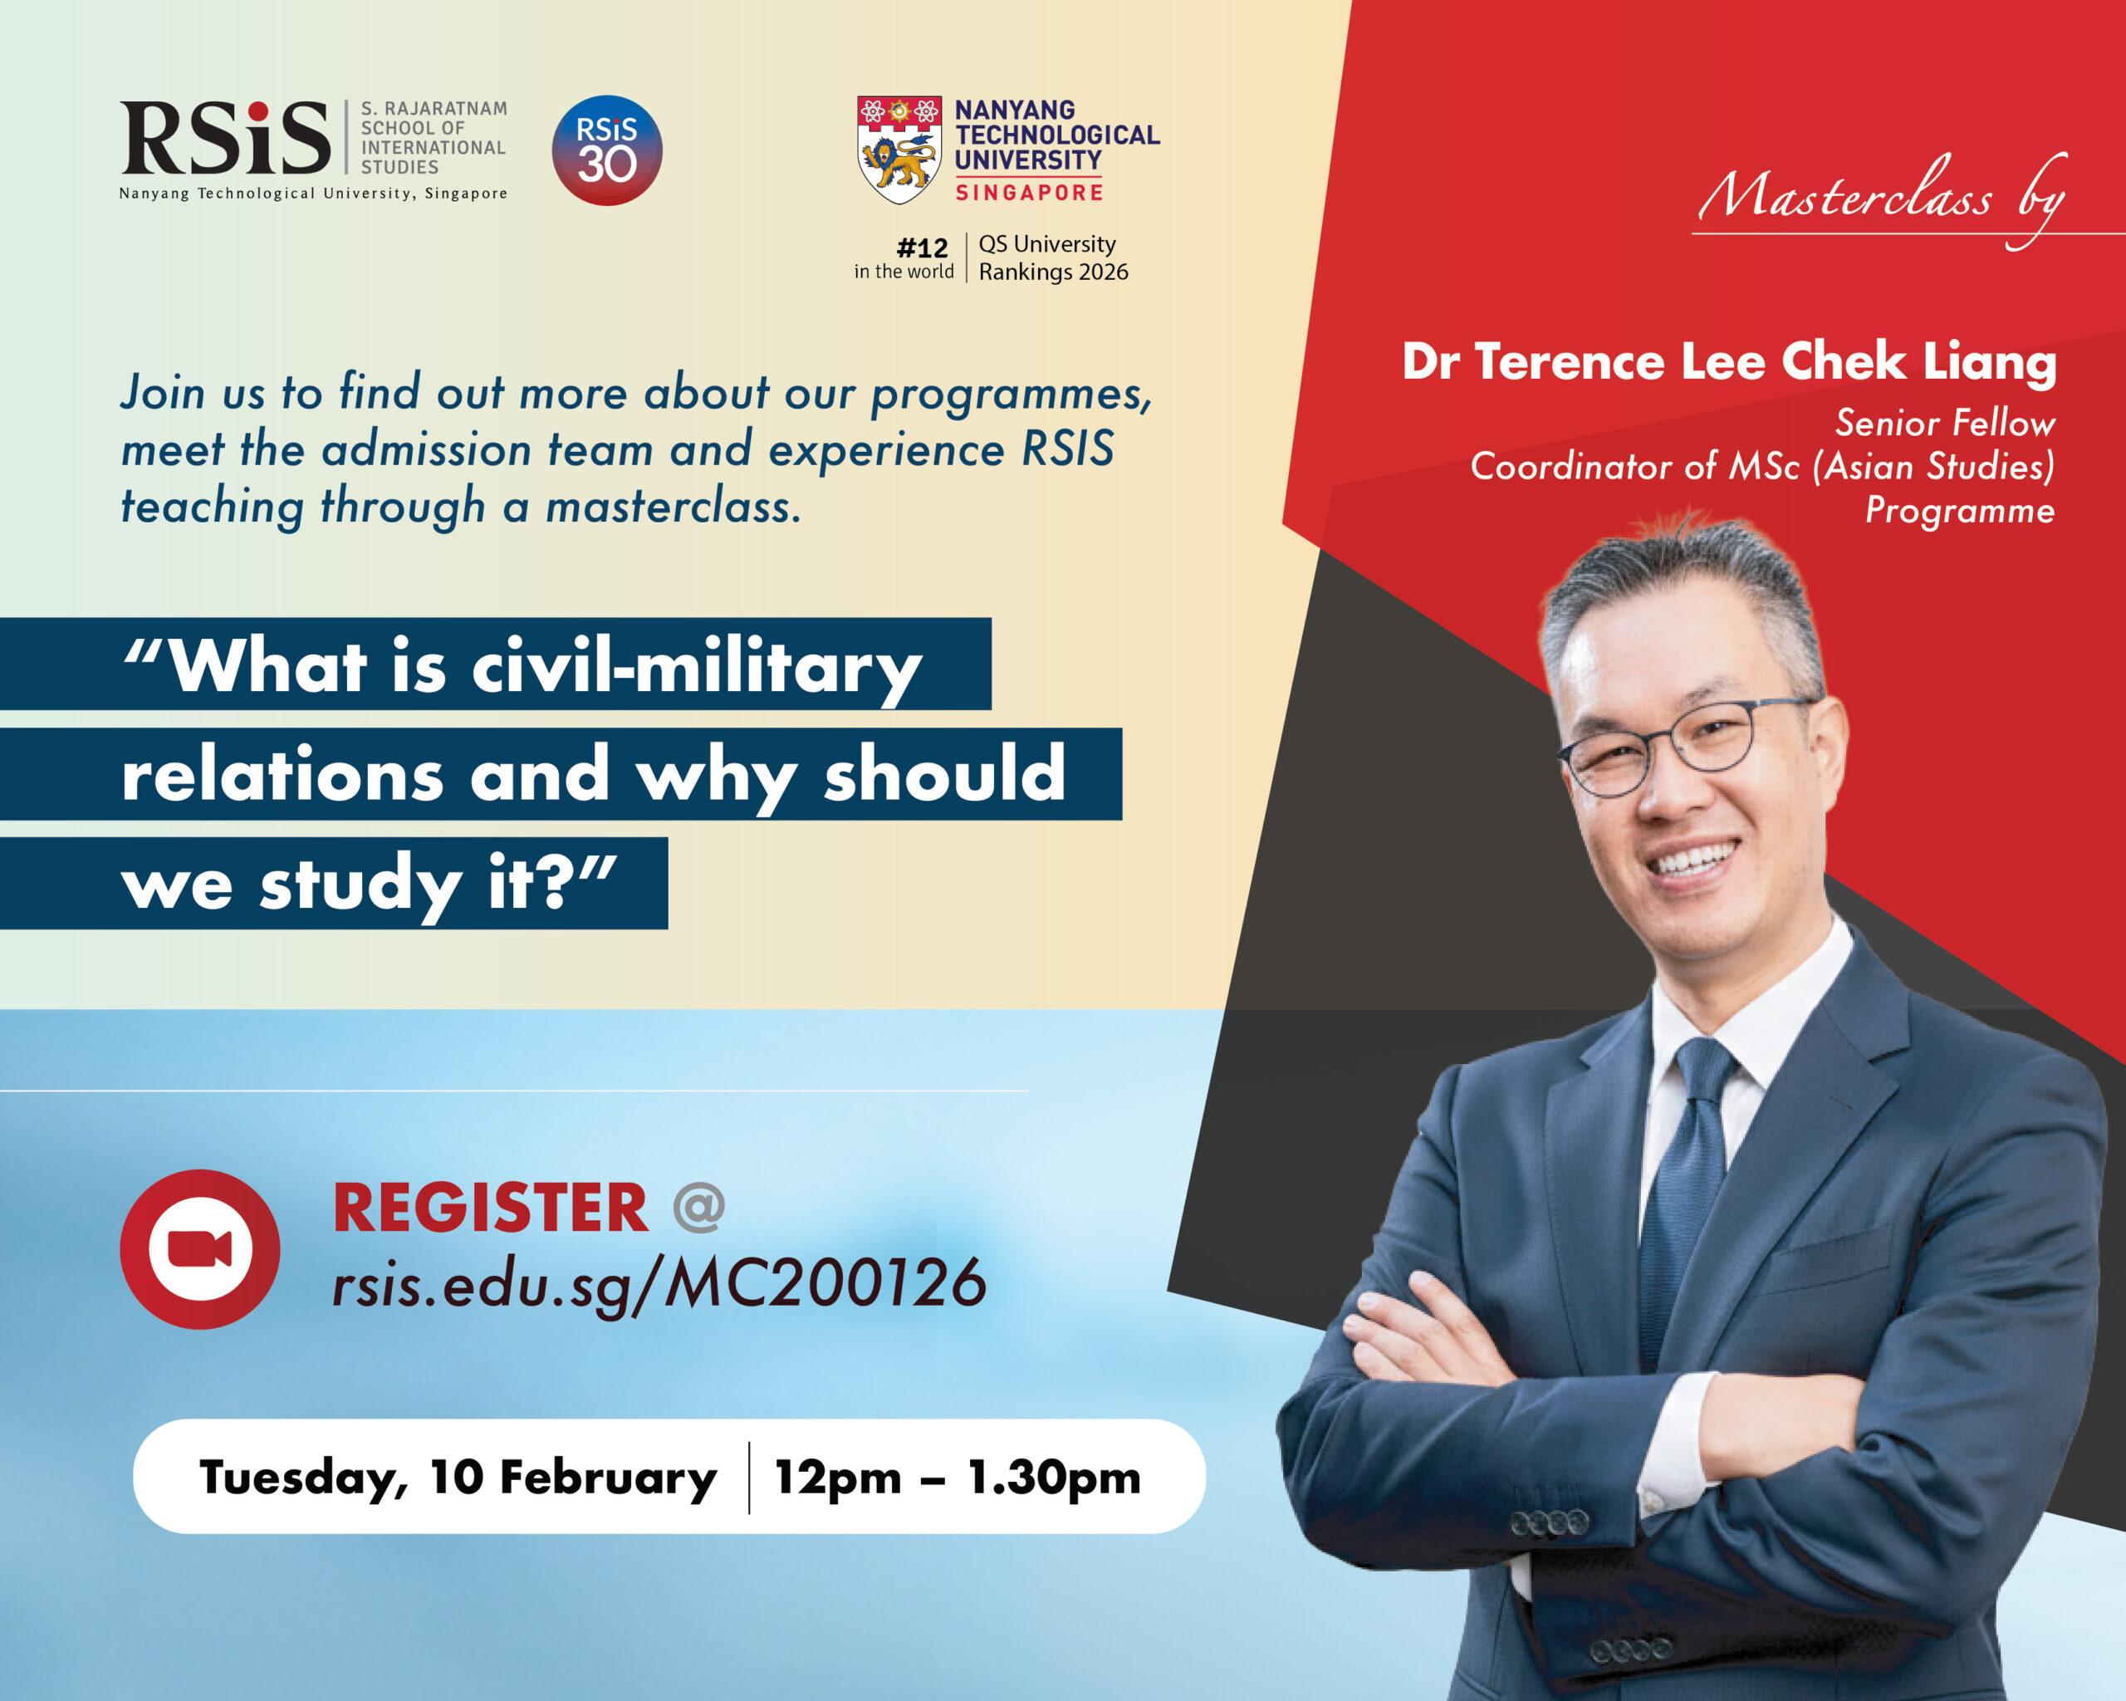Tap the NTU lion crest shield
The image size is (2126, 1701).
pyautogui.click(x=899, y=150)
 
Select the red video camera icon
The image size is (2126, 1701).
pyautogui.click(x=200, y=1249)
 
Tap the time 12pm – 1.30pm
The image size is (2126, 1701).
pyautogui.click(x=958, y=1477)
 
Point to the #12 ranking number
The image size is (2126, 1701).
pyautogui.click(x=922, y=247)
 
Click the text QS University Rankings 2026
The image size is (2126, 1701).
pyautogui.click(x=1053, y=257)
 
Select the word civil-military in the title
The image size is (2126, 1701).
pyautogui.click(x=697, y=668)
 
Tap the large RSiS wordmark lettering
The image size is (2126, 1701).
pyautogui.click(x=225, y=137)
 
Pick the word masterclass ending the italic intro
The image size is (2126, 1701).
pyautogui.click(x=674, y=506)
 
